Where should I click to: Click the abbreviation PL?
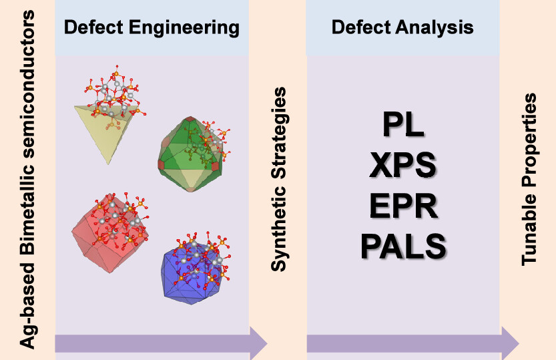tap(403, 125)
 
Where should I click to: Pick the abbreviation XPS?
tap(403, 165)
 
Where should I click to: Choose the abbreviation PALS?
tap(403, 245)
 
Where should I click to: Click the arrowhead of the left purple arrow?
tap(257, 343)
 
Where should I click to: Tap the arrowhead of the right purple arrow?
tap(509, 343)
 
